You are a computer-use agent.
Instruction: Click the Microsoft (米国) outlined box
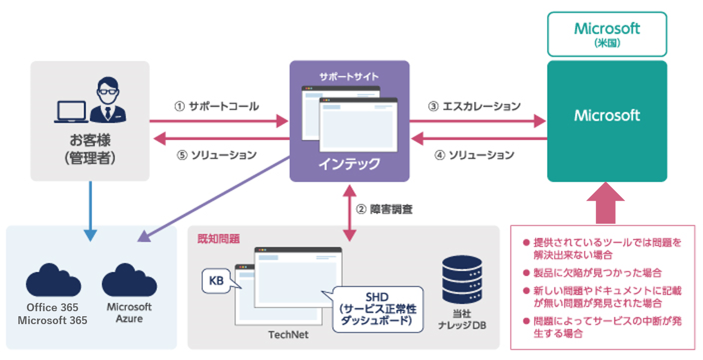click(607, 34)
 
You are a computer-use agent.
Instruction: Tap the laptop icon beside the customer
click(71, 112)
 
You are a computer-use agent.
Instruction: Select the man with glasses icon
click(108, 99)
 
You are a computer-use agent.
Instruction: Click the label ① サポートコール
click(217, 106)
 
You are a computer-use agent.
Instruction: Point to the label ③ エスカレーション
click(474, 106)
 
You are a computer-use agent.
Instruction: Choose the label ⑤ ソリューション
click(217, 155)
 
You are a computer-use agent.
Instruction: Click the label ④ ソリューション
click(474, 155)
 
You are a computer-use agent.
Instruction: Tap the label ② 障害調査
click(384, 209)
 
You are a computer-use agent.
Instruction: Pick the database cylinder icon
click(462, 279)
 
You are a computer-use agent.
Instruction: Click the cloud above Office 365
click(53, 279)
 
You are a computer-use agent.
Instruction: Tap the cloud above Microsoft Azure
click(129, 279)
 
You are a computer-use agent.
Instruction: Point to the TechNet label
click(288, 335)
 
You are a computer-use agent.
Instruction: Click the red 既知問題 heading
click(219, 239)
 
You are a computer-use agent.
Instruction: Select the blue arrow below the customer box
click(90, 211)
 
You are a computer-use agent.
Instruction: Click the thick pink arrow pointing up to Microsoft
click(605, 203)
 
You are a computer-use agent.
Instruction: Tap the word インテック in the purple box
click(349, 164)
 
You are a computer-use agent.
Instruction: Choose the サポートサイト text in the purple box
click(349, 76)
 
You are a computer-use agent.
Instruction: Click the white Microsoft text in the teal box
click(607, 116)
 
